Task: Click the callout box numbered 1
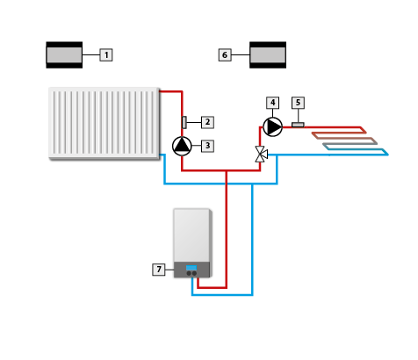click(106, 55)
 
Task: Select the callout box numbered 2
click(207, 122)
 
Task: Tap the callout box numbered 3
click(207, 146)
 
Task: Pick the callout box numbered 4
click(273, 103)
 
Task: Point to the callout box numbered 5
click(298, 103)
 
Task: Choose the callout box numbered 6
click(225, 55)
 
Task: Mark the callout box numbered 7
click(159, 270)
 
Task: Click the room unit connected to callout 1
click(64, 55)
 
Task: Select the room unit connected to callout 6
click(268, 55)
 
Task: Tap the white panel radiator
click(104, 123)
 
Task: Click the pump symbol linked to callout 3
click(182, 146)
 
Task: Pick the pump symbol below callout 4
click(273, 127)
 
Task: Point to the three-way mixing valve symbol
click(261, 155)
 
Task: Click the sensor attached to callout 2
click(184, 122)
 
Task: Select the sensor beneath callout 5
click(298, 125)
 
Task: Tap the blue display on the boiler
click(191, 268)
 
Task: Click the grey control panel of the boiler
click(191, 270)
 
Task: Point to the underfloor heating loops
click(350, 140)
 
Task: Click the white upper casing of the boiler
click(191, 235)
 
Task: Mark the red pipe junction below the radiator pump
click(227, 170)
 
